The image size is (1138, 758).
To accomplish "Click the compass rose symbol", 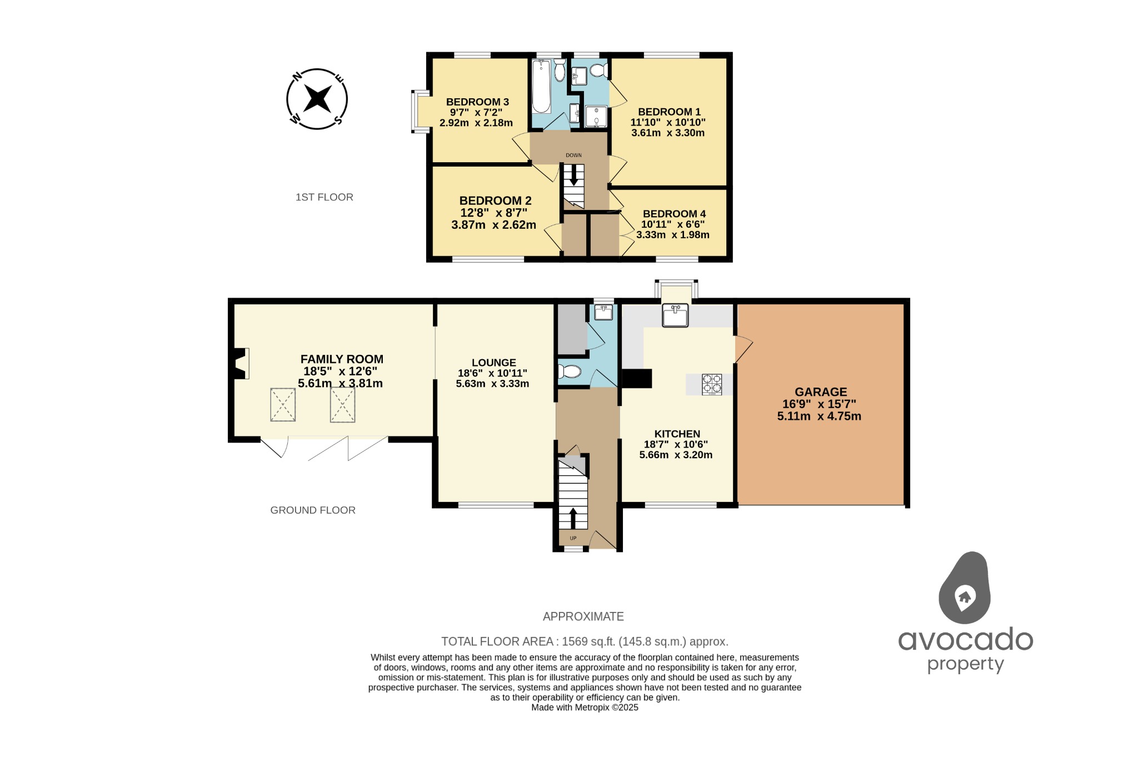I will [x=317, y=99].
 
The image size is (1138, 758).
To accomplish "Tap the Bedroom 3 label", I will [x=477, y=102].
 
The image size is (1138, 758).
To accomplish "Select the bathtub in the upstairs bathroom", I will [x=541, y=87].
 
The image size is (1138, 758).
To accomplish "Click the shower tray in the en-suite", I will [x=596, y=116].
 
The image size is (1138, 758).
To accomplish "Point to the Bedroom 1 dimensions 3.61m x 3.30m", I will [x=668, y=133].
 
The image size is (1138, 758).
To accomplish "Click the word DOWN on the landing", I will [x=573, y=155].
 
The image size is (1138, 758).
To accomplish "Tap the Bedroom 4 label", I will [x=674, y=214].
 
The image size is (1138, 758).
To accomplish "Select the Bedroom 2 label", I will [x=495, y=200].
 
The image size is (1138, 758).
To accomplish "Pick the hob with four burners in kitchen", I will [x=712, y=384].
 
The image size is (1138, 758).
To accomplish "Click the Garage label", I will [x=821, y=392].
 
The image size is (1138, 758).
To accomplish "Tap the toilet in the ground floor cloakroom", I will [x=570, y=371].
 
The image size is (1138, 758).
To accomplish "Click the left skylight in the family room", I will [x=283, y=405].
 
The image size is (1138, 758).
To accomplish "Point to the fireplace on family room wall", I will [x=241, y=364].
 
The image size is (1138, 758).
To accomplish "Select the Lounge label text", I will [x=493, y=363].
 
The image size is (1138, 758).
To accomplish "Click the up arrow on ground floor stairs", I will [x=573, y=518].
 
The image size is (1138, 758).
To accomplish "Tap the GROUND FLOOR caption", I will [x=313, y=510].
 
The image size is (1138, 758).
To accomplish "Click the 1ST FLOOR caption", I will [x=324, y=197].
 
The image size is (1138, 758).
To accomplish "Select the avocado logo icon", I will [x=965, y=589].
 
